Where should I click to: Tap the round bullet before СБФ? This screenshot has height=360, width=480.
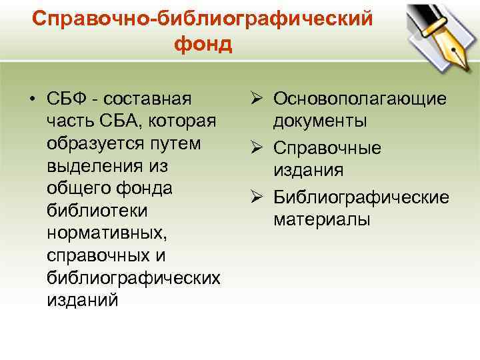(x=31, y=99)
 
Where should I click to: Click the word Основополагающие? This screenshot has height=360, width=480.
(x=360, y=99)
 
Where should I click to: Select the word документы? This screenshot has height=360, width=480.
(x=320, y=122)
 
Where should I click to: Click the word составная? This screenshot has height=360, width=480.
(x=149, y=99)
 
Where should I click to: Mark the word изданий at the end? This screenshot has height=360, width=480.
(x=83, y=301)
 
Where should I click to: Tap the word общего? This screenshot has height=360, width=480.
(x=79, y=189)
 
